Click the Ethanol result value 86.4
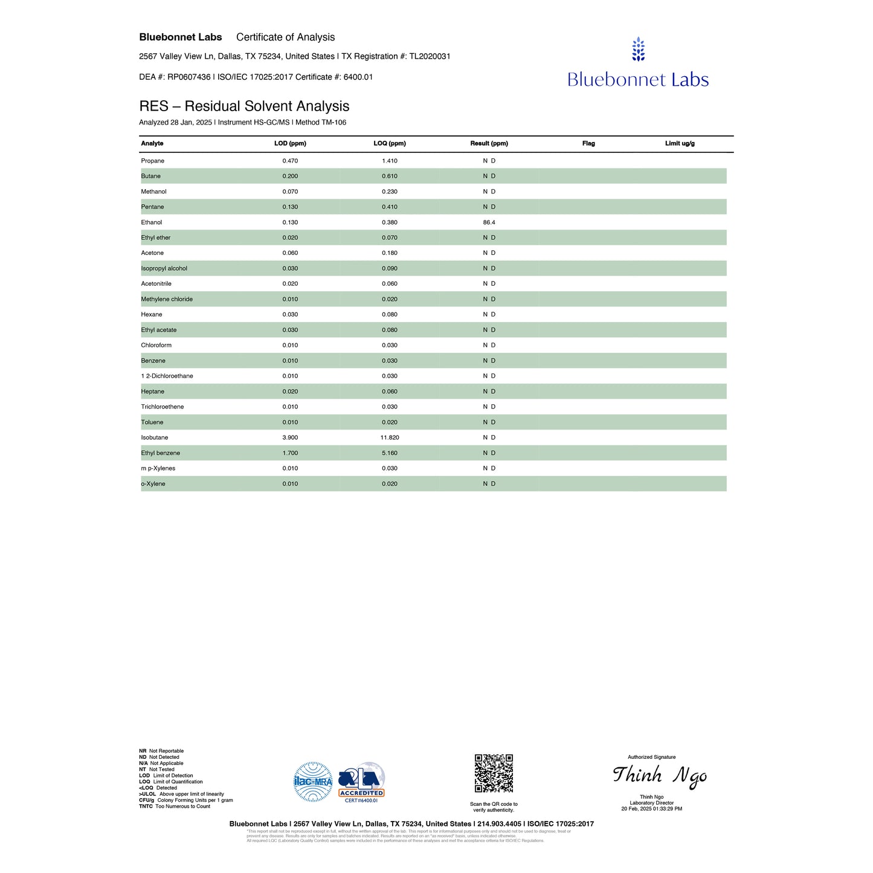point(489,222)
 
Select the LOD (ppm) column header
point(290,144)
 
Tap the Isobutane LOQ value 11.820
point(390,437)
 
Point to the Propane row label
point(152,161)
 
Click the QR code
point(494,773)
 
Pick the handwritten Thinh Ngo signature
point(659,776)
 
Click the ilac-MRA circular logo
point(313,782)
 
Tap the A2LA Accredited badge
point(361,782)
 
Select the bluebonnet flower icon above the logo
point(638,50)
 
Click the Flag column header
point(588,144)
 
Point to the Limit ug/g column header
point(680,144)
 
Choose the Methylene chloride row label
point(167,299)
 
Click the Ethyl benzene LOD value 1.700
point(290,453)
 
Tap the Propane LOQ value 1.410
point(390,161)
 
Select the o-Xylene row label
point(153,484)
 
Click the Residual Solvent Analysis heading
point(244,106)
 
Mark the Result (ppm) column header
point(489,144)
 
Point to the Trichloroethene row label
point(162,407)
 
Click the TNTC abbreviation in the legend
point(146,807)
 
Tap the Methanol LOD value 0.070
point(290,192)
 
